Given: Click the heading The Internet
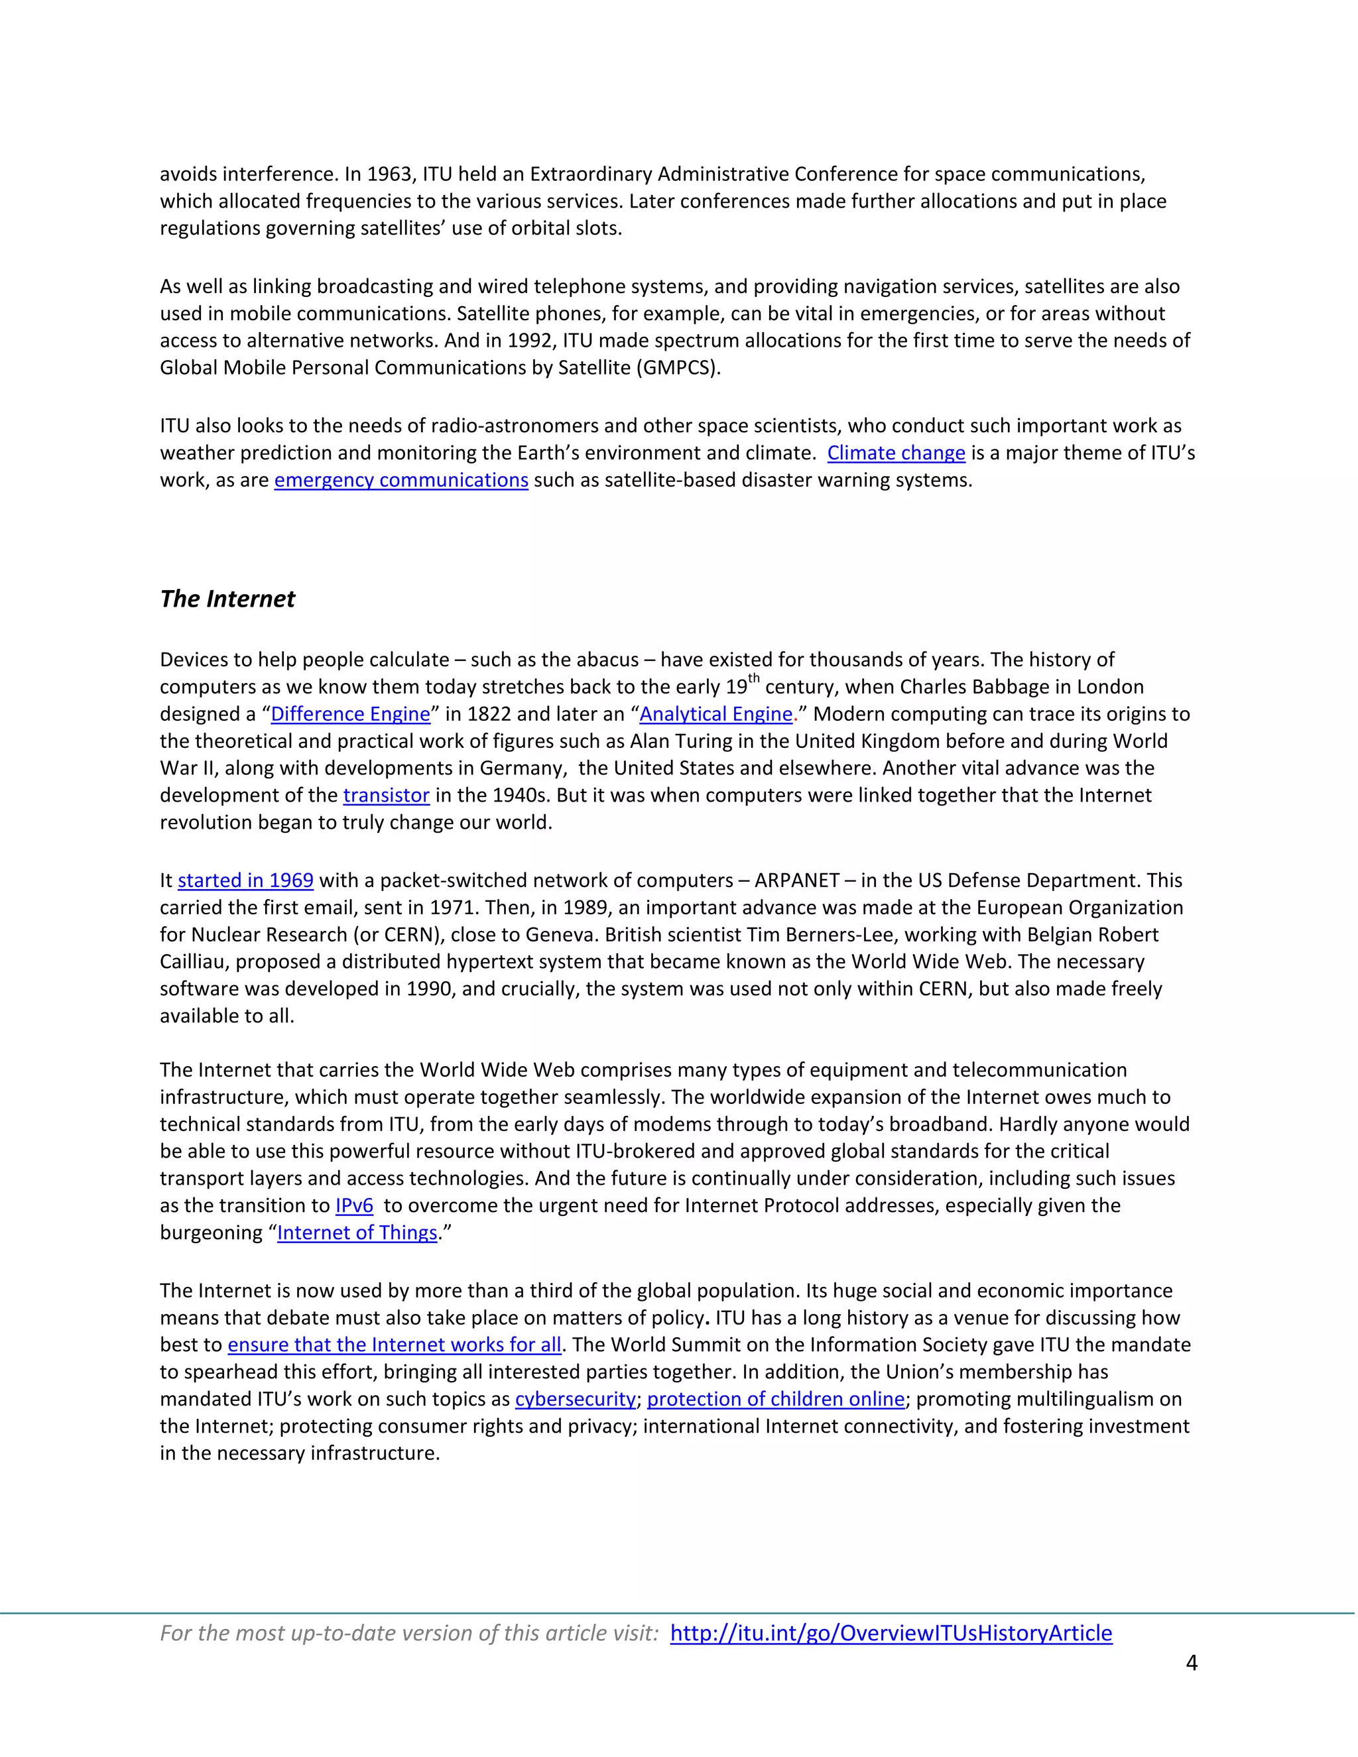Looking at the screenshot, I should [227, 599].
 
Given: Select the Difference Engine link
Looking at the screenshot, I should [350, 714].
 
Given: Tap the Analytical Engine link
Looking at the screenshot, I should [715, 714].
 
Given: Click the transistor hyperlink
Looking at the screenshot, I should [386, 796].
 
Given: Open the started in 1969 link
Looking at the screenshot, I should [245, 881].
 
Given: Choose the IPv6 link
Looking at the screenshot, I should [354, 1206].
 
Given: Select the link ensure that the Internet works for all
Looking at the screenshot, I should [395, 1345].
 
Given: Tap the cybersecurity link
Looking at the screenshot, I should [575, 1399].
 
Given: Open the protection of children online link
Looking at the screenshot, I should [776, 1399].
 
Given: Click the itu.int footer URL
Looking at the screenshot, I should [891, 1633].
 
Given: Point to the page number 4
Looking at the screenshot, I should [1192, 1663].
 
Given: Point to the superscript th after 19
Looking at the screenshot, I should [754, 678].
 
